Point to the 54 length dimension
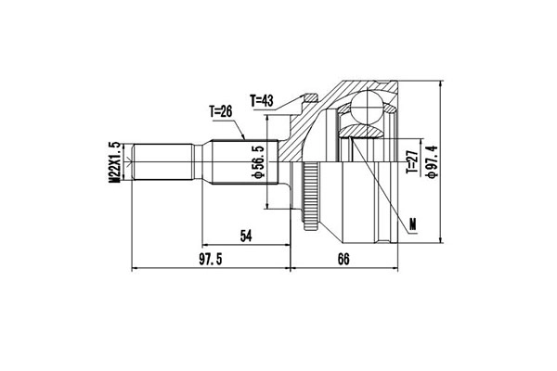pyautogui.click(x=246, y=237)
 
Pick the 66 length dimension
pyautogui.click(x=343, y=259)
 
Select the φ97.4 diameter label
pyautogui.click(x=431, y=163)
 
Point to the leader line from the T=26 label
pyautogui.click(x=240, y=130)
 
